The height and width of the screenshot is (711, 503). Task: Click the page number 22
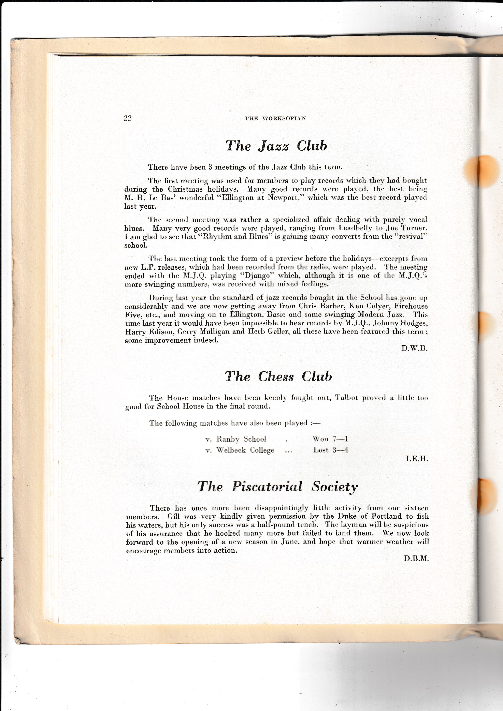point(128,118)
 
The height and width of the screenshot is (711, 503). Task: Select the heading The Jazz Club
point(276,146)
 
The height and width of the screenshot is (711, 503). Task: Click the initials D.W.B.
point(414,348)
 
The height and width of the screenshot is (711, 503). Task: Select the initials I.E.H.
point(417,459)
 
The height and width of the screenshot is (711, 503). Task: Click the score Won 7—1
point(330,439)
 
